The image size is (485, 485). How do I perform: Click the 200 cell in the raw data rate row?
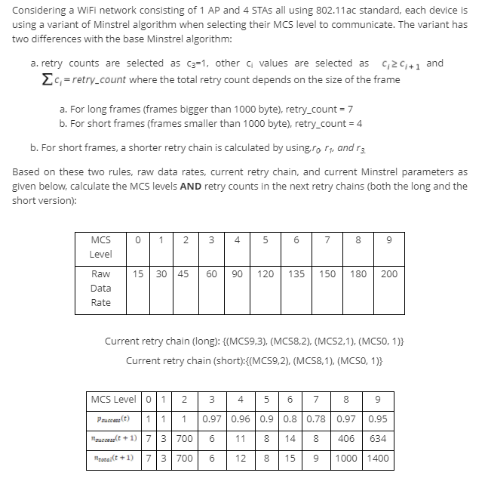[x=388, y=273]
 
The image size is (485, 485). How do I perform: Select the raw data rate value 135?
[x=296, y=273]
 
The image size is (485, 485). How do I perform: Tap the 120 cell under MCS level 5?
[x=266, y=273]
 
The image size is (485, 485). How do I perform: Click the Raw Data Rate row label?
[x=100, y=288]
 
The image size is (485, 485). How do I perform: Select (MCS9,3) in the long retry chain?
[x=245, y=341]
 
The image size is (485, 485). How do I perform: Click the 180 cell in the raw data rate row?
[x=358, y=273]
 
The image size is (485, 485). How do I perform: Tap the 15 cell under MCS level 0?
[x=140, y=273]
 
